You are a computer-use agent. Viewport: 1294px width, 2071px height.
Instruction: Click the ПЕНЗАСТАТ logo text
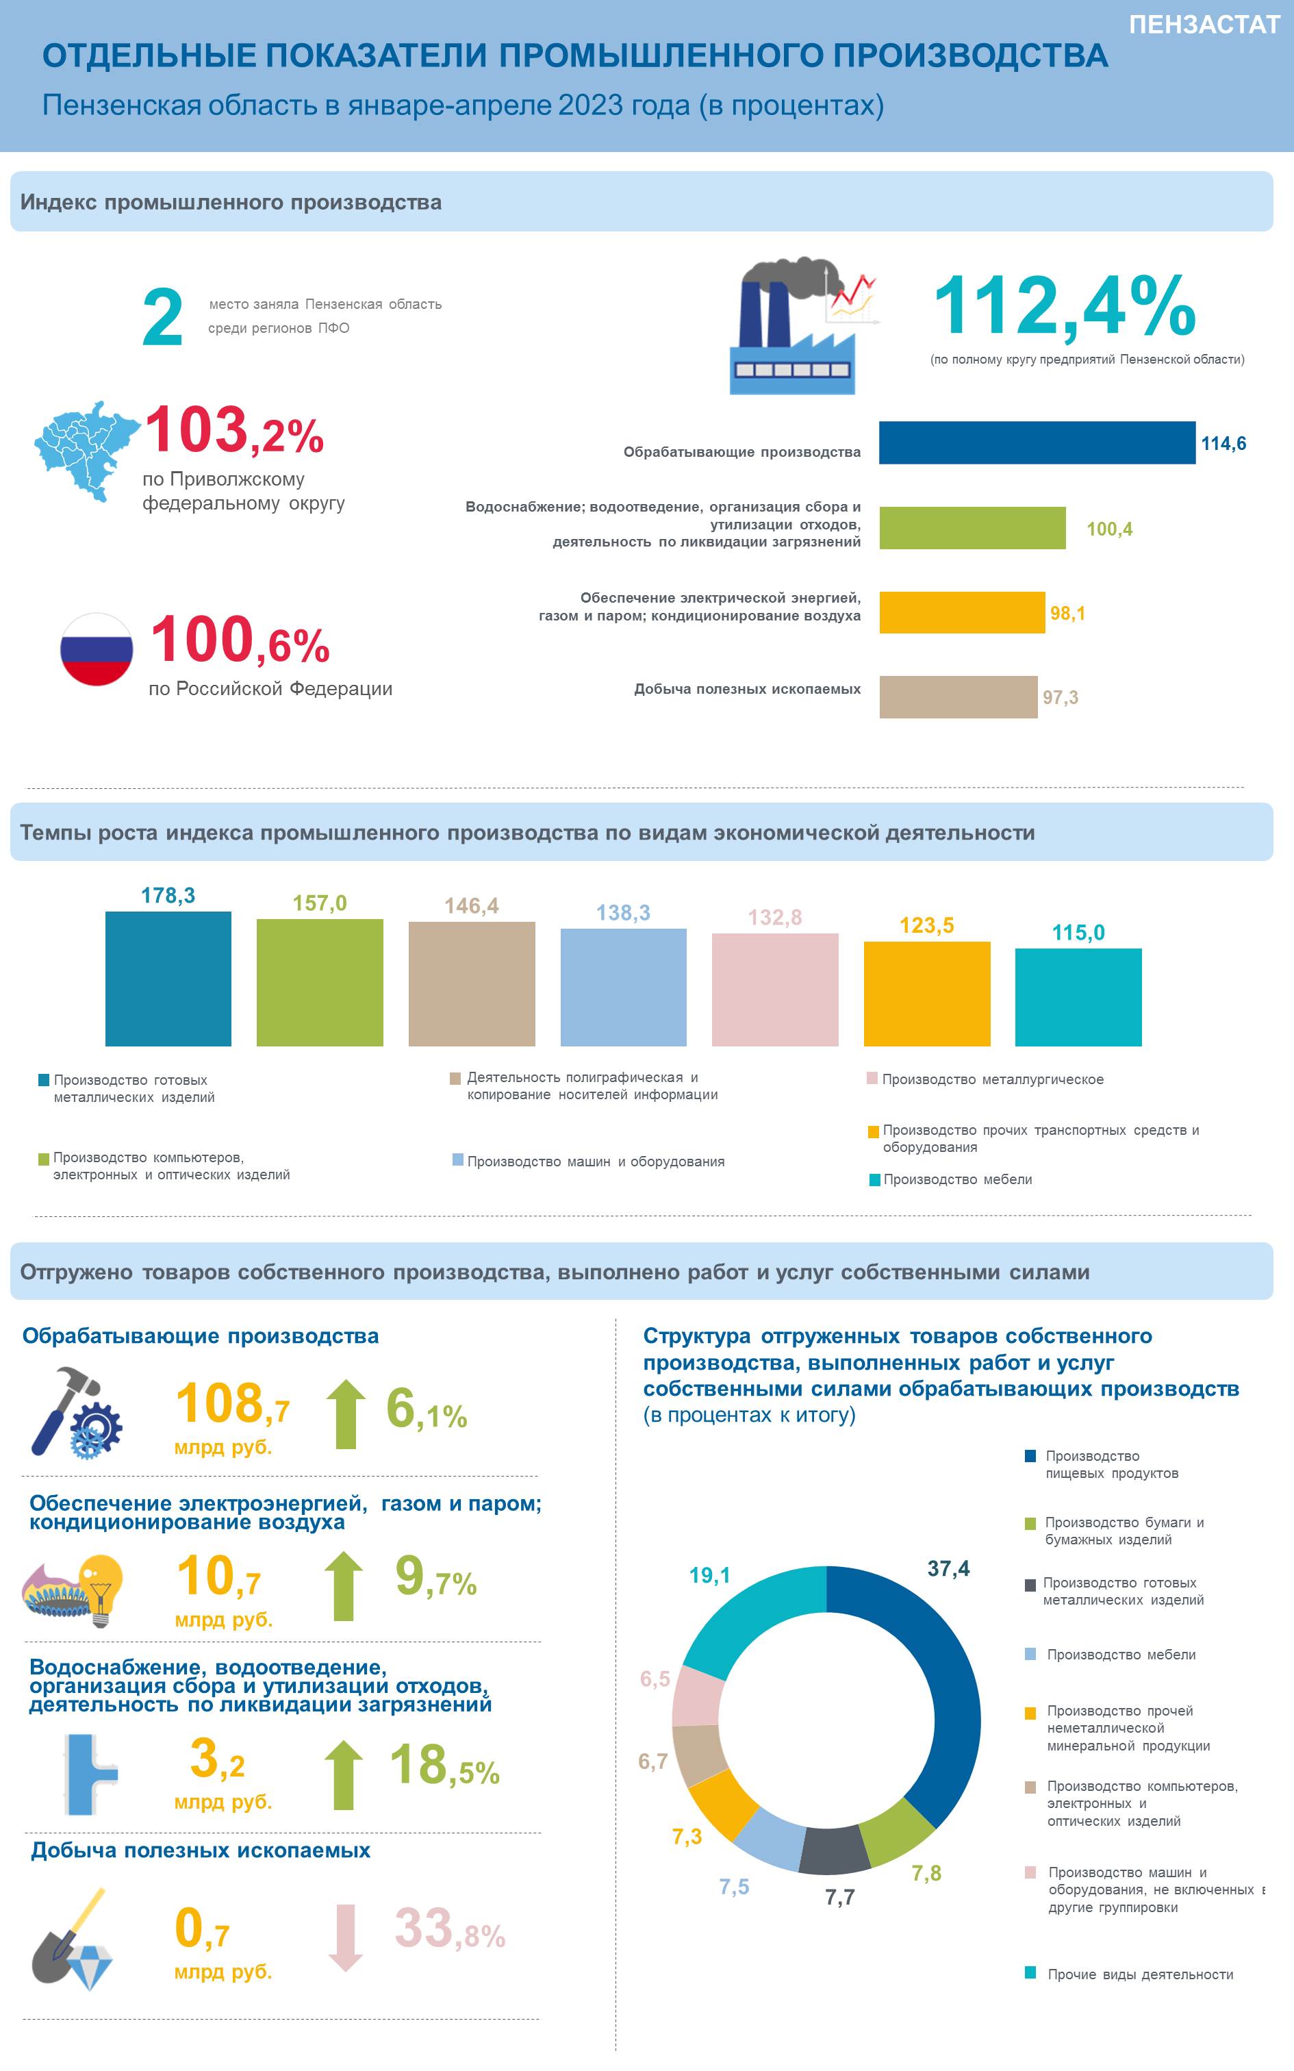click(1204, 25)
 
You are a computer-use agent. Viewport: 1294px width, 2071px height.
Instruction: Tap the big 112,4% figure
click(1064, 306)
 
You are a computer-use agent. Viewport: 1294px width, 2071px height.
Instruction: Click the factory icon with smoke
click(802, 325)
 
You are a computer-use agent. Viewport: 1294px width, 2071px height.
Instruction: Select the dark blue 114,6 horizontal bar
click(1037, 442)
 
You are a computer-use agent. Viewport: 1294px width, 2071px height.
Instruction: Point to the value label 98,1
click(1067, 613)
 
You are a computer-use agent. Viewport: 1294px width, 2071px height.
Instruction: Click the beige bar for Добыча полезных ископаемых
click(959, 696)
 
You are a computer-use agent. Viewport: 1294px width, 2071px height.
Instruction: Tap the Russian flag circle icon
click(97, 649)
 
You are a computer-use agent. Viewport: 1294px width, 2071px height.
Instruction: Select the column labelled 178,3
click(168, 978)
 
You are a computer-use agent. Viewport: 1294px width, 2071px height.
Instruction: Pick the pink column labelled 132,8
click(775, 990)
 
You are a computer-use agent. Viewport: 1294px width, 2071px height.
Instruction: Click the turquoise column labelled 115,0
click(1078, 997)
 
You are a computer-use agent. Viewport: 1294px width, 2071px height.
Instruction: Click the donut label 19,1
click(709, 1575)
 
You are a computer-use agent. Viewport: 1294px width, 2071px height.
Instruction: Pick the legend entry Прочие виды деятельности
click(1129, 1974)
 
